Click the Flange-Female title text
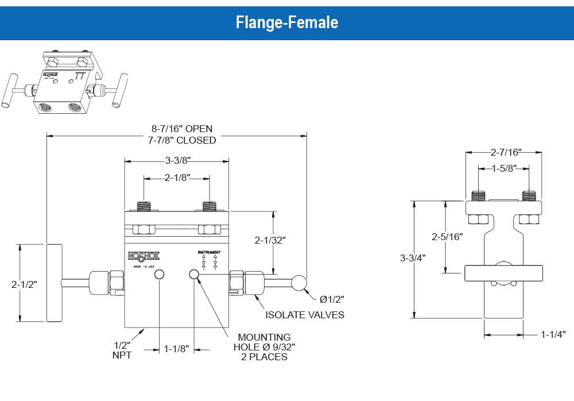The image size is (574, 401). coord(287,22)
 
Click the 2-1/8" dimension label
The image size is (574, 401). coord(177,178)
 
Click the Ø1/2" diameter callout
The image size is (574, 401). coord(332,299)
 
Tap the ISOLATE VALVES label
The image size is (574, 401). coord(305,315)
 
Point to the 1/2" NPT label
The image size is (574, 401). coord(122,349)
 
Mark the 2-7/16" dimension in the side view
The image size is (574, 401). coord(505,152)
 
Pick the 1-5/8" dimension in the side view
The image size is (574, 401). coord(505,168)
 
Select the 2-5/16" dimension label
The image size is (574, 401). coord(447,236)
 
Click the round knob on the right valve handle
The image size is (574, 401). coord(299,283)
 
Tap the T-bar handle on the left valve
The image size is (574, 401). coord(54,283)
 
